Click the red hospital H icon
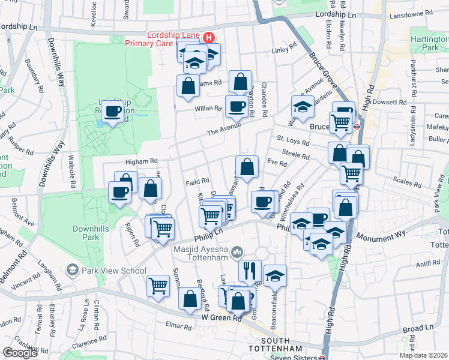[208, 37]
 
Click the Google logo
[20, 353]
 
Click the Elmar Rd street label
[178, 328]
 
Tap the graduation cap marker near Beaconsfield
[275, 275]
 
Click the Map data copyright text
[423, 355]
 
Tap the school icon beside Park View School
[73, 270]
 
